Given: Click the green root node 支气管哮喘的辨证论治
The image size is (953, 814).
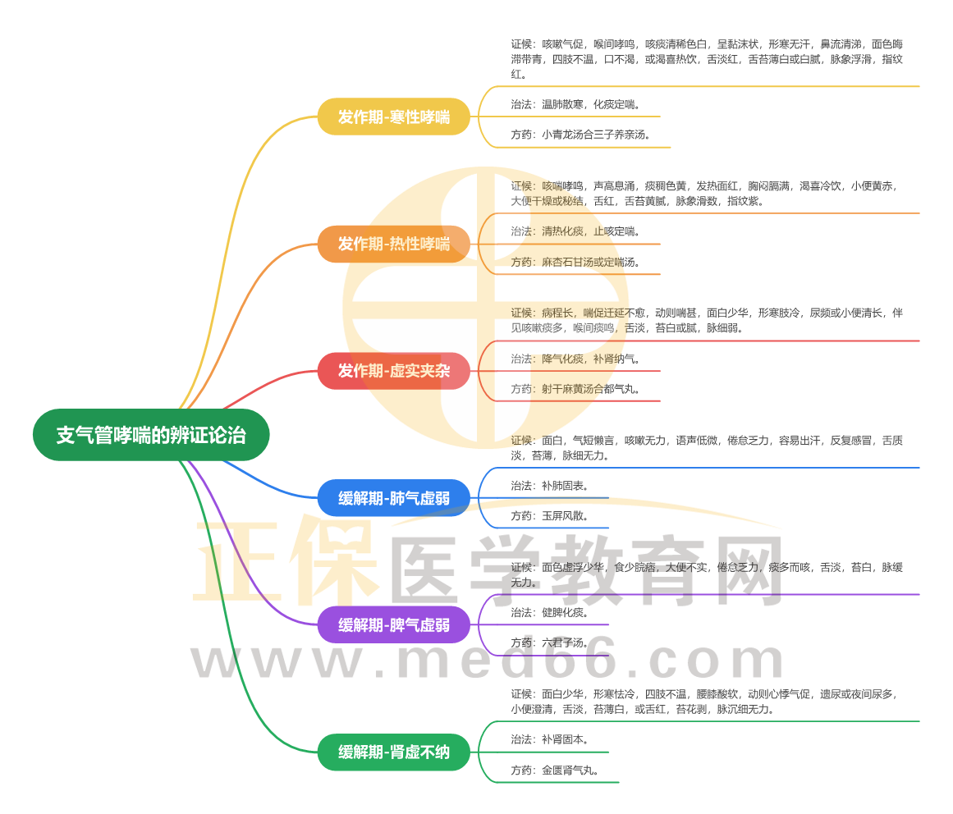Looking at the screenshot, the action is pyautogui.click(x=151, y=435).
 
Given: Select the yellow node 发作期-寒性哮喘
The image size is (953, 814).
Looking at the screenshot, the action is pyautogui.click(x=394, y=117).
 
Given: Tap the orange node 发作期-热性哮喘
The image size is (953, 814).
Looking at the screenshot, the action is pyautogui.click(x=394, y=244).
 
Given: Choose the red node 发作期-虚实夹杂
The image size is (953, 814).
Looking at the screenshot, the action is pyautogui.click(x=394, y=371).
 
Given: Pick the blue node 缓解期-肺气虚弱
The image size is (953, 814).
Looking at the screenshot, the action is pyautogui.click(x=394, y=498).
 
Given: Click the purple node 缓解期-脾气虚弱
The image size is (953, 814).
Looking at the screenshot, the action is pyautogui.click(x=394, y=624).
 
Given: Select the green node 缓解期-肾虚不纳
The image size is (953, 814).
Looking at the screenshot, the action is pyautogui.click(x=394, y=752).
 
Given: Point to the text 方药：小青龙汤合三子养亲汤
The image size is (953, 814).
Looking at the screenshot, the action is pyautogui.click(x=580, y=135).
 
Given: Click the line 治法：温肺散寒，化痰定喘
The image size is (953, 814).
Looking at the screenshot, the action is pyautogui.click(x=575, y=104).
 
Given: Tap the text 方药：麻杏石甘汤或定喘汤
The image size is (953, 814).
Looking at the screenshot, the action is pyautogui.click(x=575, y=262).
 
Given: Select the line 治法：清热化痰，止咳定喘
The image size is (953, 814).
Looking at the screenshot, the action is pyautogui.click(x=575, y=231).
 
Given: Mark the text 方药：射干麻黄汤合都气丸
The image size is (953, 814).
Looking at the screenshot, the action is pyautogui.click(x=575, y=389).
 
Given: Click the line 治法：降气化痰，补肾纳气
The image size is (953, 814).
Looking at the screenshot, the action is pyautogui.click(x=575, y=359).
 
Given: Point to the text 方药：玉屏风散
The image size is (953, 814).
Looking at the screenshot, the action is pyautogui.click(x=549, y=516).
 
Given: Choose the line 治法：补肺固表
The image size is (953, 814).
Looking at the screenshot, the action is pyautogui.click(x=549, y=485).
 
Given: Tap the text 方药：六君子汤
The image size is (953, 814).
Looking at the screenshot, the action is pyautogui.click(x=549, y=643).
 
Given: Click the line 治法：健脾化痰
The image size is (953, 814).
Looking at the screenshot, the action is pyautogui.click(x=549, y=612).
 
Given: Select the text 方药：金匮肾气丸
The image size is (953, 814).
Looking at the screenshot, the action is pyautogui.click(x=554, y=771).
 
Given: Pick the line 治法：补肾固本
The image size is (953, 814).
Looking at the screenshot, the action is pyautogui.click(x=549, y=739).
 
